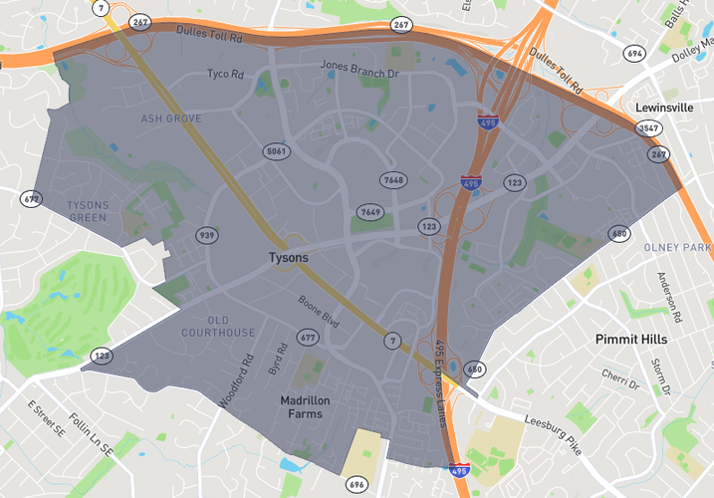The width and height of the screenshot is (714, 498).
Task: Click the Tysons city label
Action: pyautogui.click(x=289, y=257)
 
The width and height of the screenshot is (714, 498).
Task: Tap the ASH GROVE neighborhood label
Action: pyautogui.click(x=171, y=119)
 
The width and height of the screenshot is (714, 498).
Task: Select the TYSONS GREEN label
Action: pyautogui.click(x=87, y=211)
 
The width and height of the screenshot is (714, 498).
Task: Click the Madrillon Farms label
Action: pyautogui.click(x=306, y=406)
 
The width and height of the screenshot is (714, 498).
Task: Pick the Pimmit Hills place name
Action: pyautogui.click(x=631, y=340)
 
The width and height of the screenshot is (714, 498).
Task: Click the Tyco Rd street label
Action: pyautogui.click(x=225, y=74)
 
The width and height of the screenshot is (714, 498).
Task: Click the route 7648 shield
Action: pyautogui.click(x=394, y=180)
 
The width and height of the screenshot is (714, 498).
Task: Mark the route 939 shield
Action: pyautogui.click(x=207, y=235)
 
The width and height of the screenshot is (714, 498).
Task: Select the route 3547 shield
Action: pyautogui.click(x=648, y=128)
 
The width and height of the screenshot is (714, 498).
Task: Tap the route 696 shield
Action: pyautogui.click(x=357, y=484)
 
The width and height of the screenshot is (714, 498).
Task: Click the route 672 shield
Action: pyautogui.click(x=31, y=199)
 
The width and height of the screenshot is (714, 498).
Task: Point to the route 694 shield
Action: pyautogui.click(x=635, y=54)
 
